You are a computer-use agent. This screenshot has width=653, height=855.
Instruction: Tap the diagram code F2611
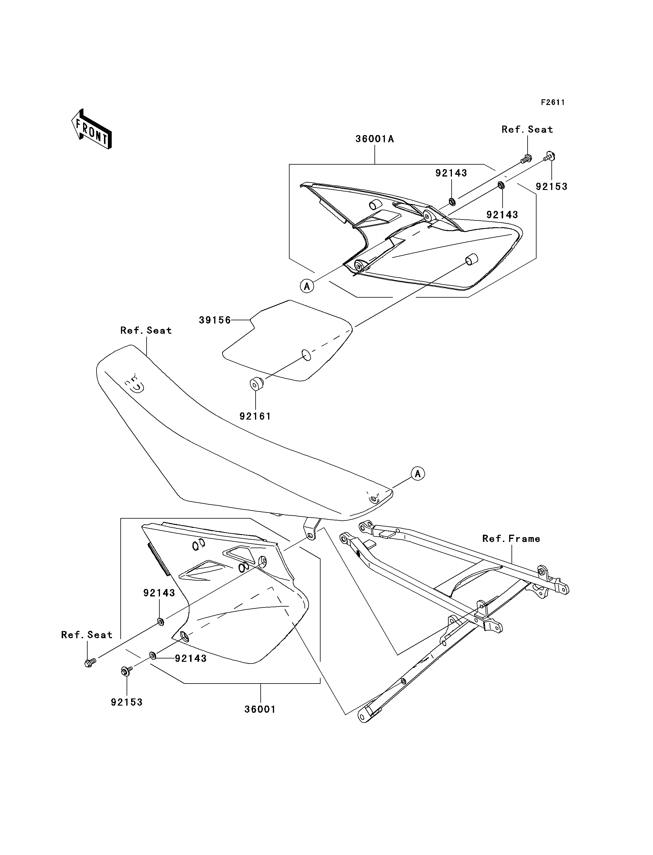pos(553,102)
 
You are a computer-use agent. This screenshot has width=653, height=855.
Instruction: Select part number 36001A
pos(375,139)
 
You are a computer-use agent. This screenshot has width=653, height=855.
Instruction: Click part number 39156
pos(214,320)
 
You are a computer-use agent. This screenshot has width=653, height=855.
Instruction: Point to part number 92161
pos(255,416)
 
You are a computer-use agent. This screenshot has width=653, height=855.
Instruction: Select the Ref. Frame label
pos(511,539)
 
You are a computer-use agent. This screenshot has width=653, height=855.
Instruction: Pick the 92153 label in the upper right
pos(551,186)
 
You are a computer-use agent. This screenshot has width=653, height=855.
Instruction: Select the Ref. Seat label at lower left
pos(87,635)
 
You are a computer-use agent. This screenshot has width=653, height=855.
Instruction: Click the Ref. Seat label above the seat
pos(146,330)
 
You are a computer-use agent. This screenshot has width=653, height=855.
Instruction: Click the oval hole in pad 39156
pos(307,355)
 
